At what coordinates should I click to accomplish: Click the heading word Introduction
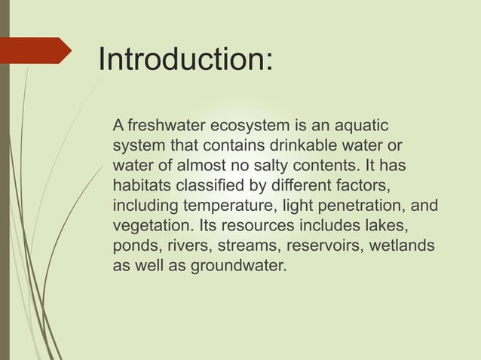pos(184,60)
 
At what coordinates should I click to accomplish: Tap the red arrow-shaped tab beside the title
pos(38,50)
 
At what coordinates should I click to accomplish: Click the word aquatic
pos(363,124)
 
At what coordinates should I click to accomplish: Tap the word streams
pos(245,246)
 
